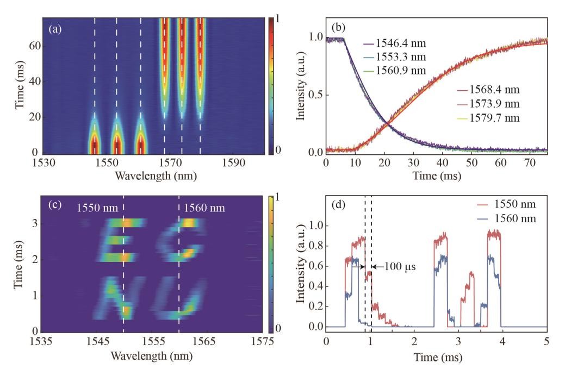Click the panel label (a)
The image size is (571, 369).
pyautogui.click(x=55, y=29)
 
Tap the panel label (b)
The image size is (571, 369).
pyautogui.click(x=338, y=27)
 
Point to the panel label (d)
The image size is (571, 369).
pyautogui.click(x=338, y=205)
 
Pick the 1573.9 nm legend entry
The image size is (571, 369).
pyautogui.click(x=488, y=104)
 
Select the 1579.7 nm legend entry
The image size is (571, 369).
pyautogui.click(x=488, y=118)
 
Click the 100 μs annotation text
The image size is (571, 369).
pyautogui.click(x=400, y=267)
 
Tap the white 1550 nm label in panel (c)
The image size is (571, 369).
pyautogui.click(x=97, y=208)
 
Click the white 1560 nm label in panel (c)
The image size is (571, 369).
pyautogui.click(x=204, y=208)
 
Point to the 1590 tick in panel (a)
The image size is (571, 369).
pyautogui.click(x=233, y=162)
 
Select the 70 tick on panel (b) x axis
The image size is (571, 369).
pyautogui.click(x=530, y=162)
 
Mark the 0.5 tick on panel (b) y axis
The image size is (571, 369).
pyautogui.click(x=316, y=95)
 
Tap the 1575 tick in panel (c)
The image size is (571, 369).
pyautogui.click(x=262, y=341)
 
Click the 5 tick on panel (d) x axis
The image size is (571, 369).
pyautogui.click(x=546, y=341)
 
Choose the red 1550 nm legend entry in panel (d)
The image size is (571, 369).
pyautogui.click(x=506, y=204)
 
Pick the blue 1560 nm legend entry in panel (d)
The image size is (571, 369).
pyautogui.click(x=506, y=218)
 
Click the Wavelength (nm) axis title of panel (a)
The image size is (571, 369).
pyautogui.click(x=156, y=176)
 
